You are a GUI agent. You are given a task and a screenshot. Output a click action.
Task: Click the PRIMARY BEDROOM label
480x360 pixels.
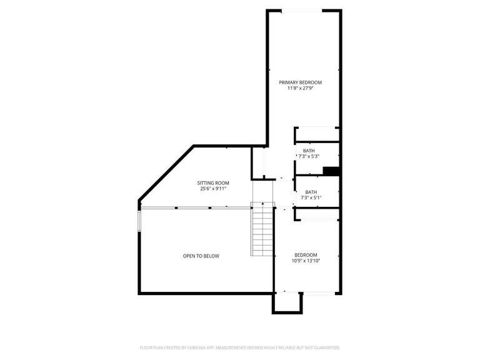(300, 82)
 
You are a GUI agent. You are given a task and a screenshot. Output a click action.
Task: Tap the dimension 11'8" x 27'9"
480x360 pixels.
(300, 89)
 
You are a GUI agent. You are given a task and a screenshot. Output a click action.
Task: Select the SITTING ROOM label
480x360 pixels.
(214, 182)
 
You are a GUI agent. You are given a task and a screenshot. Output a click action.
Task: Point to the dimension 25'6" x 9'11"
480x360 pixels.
(214, 189)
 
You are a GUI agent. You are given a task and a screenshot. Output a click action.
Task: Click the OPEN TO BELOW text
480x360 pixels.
(201, 256)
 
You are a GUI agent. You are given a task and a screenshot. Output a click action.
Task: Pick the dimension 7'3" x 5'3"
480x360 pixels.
(309, 156)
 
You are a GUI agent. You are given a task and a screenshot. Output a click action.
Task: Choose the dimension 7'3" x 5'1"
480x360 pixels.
(311, 198)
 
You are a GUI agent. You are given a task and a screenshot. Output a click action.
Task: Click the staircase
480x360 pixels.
(263, 231)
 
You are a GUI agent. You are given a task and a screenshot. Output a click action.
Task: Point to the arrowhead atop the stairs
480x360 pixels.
(263, 203)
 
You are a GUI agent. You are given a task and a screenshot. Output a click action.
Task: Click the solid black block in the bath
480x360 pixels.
(331, 171)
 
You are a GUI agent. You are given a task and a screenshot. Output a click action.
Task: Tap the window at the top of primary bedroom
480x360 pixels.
(302, 11)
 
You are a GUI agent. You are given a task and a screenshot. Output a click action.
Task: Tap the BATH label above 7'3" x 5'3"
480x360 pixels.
(309, 151)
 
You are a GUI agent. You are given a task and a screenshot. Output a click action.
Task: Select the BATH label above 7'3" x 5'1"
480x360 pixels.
(311, 192)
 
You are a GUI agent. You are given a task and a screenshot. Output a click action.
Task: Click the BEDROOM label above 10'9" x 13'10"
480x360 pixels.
(306, 254)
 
